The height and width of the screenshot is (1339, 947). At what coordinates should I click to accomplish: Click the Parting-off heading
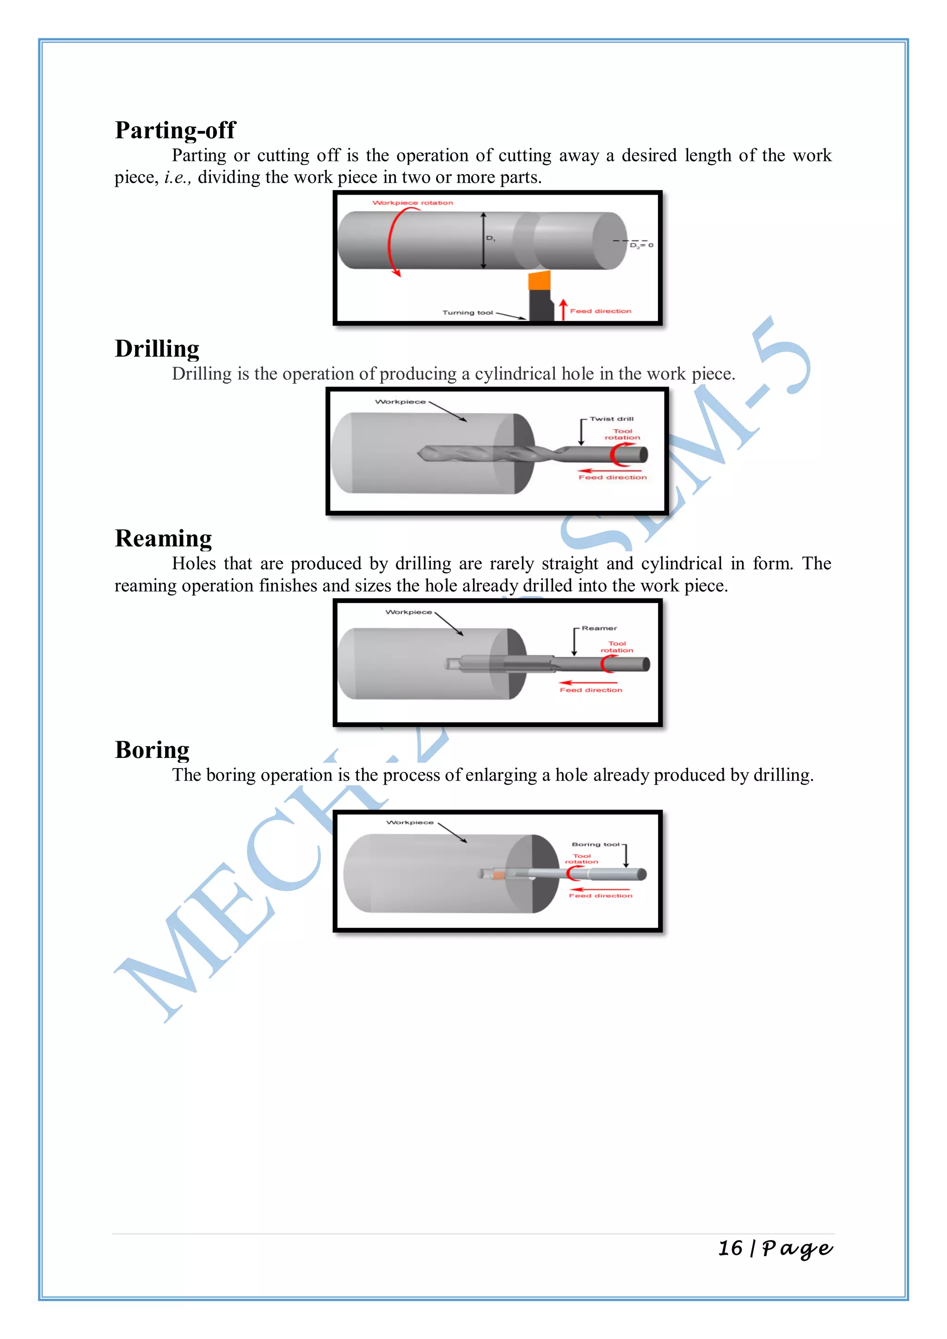pyautogui.click(x=175, y=130)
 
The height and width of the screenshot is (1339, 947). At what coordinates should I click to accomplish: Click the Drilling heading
pyautogui.click(x=157, y=349)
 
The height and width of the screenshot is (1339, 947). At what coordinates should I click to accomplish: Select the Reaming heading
pyautogui.click(x=163, y=538)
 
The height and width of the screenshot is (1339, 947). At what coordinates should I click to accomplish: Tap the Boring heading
pyautogui.click(x=152, y=750)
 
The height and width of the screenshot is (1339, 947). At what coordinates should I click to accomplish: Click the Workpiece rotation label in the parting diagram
pyautogui.click(x=412, y=203)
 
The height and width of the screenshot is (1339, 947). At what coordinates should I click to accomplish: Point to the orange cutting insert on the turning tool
pyautogui.click(x=540, y=281)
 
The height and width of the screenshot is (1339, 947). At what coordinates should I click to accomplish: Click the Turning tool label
pyautogui.click(x=467, y=313)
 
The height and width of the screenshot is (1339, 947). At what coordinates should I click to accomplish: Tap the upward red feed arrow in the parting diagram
pyautogui.click(x=563, y=309)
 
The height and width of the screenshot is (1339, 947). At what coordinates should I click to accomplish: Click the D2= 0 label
pyautogui.click(x=641, y=246)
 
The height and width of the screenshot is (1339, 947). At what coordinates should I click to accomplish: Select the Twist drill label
pyautogui.click(x=611, y=419)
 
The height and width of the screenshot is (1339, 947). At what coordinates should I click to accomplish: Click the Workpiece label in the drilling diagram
pyautogui.click(x=400, y=402)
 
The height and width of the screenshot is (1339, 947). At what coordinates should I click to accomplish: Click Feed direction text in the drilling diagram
pyautogui.click(x=612, y=478)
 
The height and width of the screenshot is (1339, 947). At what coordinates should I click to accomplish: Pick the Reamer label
pyautogui.click(x=599, y=628)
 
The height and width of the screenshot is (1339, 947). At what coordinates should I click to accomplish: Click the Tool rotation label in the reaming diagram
pyautogui.click(x=617, y=647)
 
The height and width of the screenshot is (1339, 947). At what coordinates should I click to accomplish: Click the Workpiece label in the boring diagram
pyautogui.click(x=410, y=822)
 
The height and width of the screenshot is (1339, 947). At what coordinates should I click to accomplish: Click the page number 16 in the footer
pyautogui.click(x=730, y=1248)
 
